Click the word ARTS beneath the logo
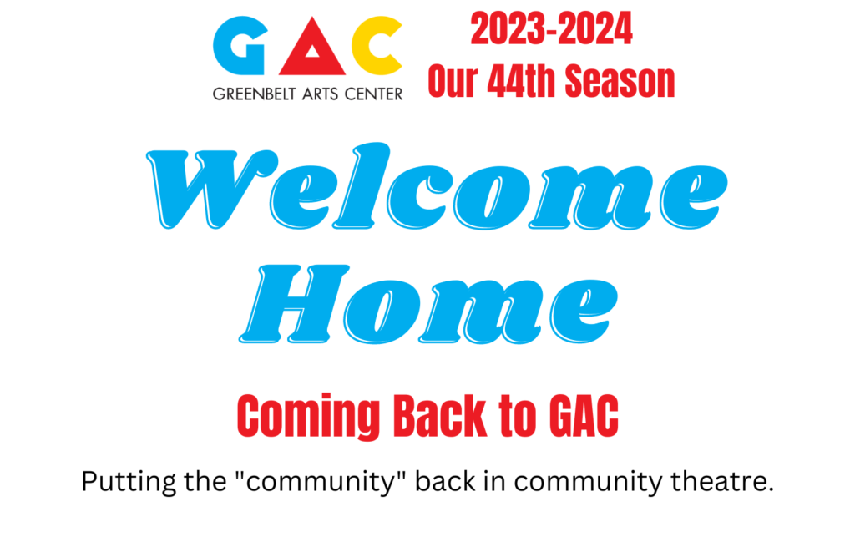320,94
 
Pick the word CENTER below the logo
373,94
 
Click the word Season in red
620,81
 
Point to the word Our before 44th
453,81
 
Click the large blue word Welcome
437,186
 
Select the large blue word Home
428,304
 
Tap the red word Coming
309,416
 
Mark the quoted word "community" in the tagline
321,482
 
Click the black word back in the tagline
446,481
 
